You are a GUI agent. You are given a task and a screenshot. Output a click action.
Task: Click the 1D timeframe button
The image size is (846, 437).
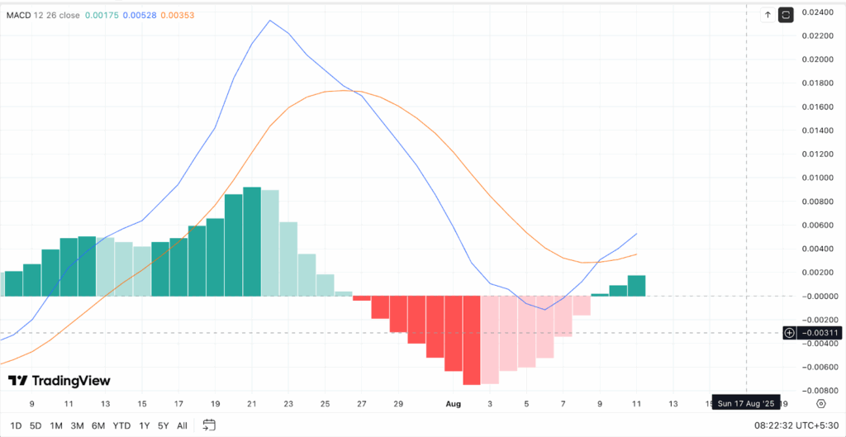click(16, 425)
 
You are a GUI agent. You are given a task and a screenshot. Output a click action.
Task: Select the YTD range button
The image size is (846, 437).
click(121, 425)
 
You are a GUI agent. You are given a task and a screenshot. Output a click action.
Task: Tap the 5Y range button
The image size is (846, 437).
click(164, 425)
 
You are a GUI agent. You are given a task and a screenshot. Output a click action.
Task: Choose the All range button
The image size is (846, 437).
click(182, 425)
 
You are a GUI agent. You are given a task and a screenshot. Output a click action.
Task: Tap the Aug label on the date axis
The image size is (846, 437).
click(453, 404)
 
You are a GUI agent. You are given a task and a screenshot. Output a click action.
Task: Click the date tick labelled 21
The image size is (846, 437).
click(252, 404)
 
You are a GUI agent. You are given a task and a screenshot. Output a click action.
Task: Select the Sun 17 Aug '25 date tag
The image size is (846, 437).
click(745, 404)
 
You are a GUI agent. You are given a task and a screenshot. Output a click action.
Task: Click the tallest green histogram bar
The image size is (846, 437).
click(252, 241)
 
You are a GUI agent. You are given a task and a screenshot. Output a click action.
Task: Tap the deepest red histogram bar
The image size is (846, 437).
click(472, 340)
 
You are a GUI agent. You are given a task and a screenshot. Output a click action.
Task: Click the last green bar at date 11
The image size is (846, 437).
click(636, 286)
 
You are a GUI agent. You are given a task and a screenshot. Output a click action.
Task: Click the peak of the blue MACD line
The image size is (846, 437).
click(270, 21)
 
